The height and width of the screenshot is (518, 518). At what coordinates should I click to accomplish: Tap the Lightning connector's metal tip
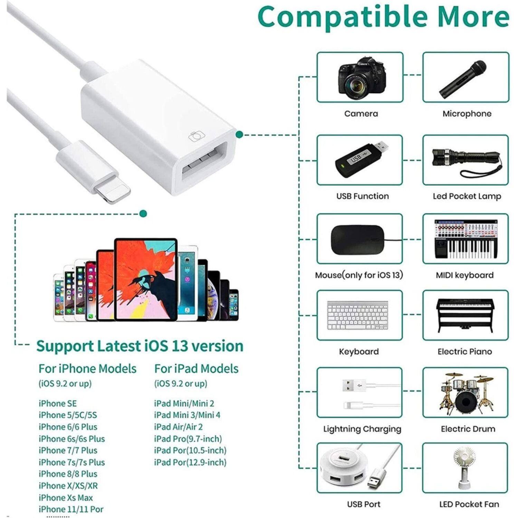click(113, 194)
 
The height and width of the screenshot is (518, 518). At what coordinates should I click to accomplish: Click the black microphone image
click(463, 79)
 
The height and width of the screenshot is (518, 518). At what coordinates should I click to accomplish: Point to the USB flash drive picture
click(361, 160)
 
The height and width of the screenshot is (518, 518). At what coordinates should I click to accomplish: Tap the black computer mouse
click(357, 239)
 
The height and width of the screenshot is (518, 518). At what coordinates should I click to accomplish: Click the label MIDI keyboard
click(464, 275)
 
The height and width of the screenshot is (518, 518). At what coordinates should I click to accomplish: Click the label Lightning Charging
click(362, 429)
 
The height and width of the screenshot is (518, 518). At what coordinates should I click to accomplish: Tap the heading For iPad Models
click(196, 369)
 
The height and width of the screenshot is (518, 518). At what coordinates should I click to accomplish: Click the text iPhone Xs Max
click(66, 498)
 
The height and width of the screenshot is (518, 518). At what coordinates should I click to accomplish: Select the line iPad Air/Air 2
click(178, 427)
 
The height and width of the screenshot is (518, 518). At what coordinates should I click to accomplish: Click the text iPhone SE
click(58, 403)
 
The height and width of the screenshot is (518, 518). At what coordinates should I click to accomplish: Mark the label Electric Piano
click(465, 352)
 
